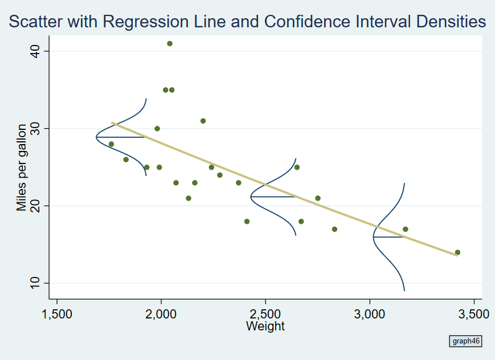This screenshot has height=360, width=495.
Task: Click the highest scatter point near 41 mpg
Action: [x=169, y=44]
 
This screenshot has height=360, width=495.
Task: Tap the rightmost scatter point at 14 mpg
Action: [x=457, y=252]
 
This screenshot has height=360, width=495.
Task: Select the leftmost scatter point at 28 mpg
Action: [x=111, y=144]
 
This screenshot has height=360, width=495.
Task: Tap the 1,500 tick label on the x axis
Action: [x=57, y=314]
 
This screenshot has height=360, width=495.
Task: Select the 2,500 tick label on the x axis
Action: [x=265, y=314]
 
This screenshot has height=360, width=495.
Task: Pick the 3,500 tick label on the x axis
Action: [x=474, y=314]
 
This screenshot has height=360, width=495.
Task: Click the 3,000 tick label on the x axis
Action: [x=370, y=314]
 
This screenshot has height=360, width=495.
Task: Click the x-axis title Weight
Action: [x=265, y=326]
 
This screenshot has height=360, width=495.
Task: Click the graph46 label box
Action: [x=466, y=341]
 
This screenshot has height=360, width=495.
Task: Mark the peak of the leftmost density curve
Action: [x=96, y=137]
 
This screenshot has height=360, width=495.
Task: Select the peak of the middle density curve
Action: [x=251, y=197]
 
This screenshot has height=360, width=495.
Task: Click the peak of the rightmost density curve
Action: [x=374, y=237]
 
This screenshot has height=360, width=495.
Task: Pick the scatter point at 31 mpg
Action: [x=203, y=121]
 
